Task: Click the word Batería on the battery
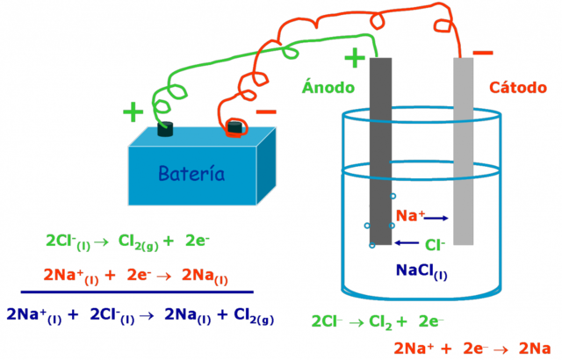[x=191, y=174]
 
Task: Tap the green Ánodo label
[x=328, y=87]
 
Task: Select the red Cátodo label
[x=518, y=87]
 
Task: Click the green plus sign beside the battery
[x=133, y=112]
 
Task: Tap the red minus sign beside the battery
[x=265, y=112]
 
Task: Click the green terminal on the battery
[x=165, y=131]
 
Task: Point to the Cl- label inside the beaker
[x=435, y=244]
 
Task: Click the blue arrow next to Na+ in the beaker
[x=438, y=217]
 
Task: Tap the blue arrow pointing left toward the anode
[x=407, y=243]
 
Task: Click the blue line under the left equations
[x=137, y=291]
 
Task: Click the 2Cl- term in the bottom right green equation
[x=326, y=320]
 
